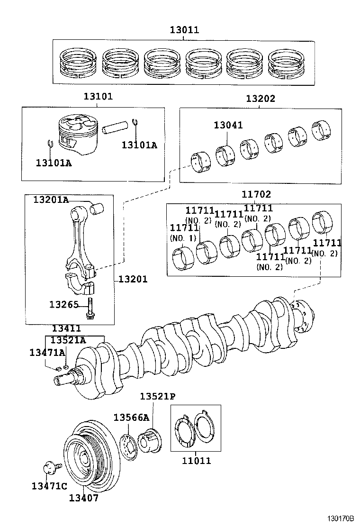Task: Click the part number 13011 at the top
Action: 184,30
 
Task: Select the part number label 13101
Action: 98,97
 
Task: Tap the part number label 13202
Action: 260,99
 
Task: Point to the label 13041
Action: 228,125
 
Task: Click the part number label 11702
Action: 256,194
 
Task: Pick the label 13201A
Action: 51,200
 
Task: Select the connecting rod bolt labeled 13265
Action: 90,309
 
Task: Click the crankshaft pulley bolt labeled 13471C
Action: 49,469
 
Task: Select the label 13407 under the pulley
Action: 84,498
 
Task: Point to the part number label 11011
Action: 196,460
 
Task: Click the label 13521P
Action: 158,396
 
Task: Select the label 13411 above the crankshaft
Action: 66,328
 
